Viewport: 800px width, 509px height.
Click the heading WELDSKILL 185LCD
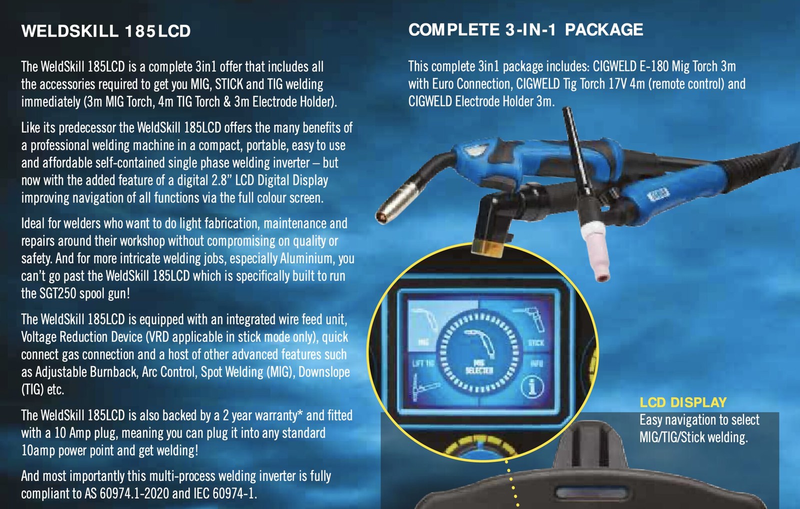106,31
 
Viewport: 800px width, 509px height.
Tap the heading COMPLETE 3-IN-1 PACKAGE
525,30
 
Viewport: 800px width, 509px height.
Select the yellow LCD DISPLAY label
683,403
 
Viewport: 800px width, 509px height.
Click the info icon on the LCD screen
532,386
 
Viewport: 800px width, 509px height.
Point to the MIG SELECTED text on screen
479,367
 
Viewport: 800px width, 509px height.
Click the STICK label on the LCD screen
536,343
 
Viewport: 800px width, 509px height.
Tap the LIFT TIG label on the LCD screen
423,363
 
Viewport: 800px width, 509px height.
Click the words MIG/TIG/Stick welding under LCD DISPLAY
693,438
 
